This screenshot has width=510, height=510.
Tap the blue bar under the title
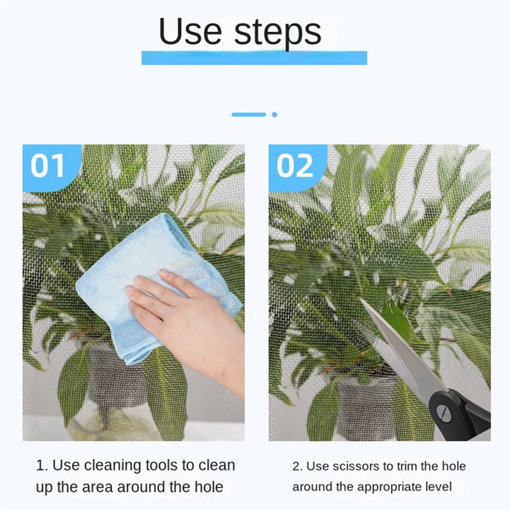tap(254, 58)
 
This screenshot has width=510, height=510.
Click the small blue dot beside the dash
tap(274, 115)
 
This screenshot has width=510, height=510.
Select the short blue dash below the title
tap(249, 115)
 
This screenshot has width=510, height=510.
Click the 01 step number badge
tap(49, 166)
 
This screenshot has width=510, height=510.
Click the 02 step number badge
tap(295, 166)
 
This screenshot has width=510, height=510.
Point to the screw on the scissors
tap(446, 414)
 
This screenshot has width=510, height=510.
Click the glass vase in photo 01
tap(108, 408)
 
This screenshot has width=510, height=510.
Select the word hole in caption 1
tap(207, 487)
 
